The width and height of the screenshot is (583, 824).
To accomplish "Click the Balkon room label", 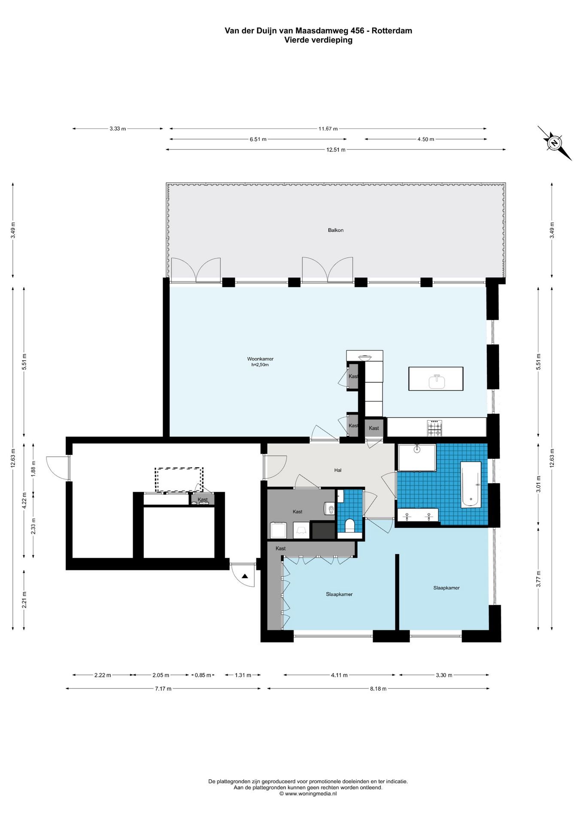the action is coord(335,230).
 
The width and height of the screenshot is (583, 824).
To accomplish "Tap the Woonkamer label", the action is coord(260,359).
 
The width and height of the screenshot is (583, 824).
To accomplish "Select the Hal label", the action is coord(338,470).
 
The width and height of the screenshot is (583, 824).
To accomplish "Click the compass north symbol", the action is coord(554,143).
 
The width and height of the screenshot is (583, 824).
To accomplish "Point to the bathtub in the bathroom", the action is coord(471,485).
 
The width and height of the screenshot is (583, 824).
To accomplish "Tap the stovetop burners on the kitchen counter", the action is coord(434,428).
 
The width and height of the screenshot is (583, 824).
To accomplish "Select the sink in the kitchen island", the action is coord(437,381).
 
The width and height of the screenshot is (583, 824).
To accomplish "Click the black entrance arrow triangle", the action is coord(245,576).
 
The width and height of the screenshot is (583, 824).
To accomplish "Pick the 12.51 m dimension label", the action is coord(336,150).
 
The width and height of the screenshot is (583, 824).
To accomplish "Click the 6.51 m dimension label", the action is coord(258,139).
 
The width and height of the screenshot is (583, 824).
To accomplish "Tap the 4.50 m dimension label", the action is coord(425,139).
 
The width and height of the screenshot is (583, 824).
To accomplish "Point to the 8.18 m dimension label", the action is coord(378,689).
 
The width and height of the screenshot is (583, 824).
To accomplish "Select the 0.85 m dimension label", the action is coord(203,675).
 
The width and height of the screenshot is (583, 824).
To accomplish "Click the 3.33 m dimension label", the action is coord(118,129).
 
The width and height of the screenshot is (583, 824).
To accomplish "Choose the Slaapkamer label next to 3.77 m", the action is coord(446,588).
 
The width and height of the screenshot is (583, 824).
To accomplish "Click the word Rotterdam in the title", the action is coord(392,30).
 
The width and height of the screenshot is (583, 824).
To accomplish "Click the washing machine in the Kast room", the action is coord(279,530).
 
